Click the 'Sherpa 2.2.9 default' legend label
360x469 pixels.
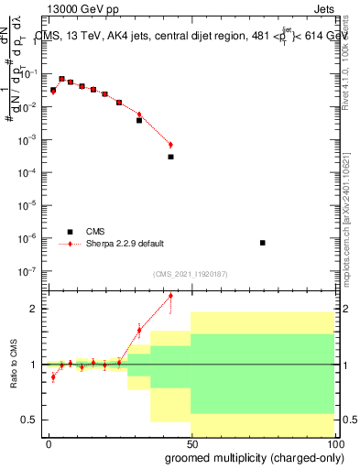126,244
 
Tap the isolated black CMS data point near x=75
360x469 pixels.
263,243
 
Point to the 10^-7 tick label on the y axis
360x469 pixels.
27,272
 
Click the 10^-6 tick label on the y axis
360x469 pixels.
27,239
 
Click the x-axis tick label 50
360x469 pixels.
191,443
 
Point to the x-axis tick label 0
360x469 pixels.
49,443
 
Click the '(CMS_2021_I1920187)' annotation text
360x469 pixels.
190,274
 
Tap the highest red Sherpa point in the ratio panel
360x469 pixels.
170,296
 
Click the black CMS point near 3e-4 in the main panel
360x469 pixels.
170,157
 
